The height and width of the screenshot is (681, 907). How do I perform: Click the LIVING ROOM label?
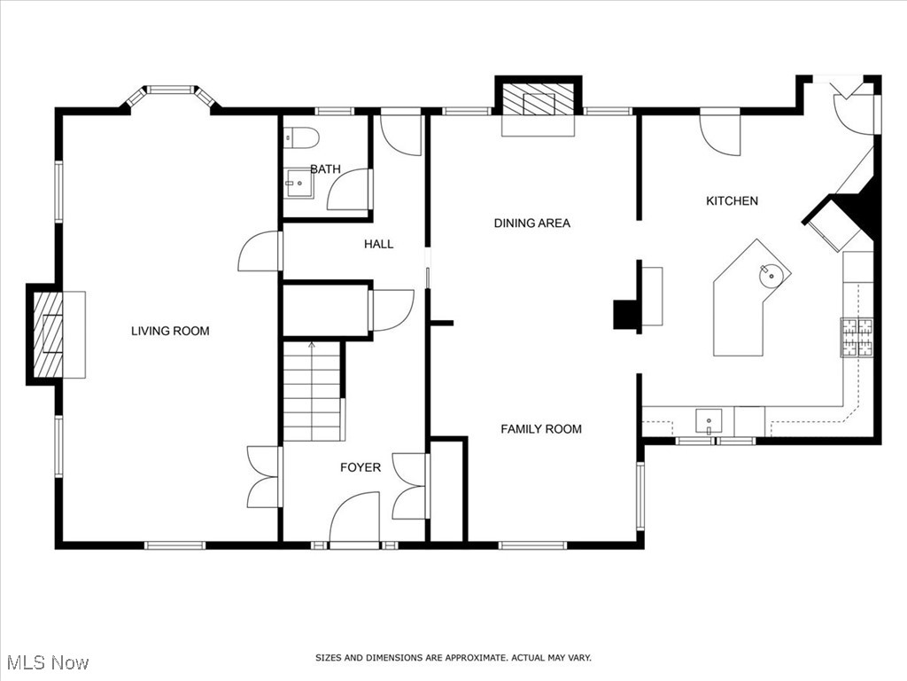170,332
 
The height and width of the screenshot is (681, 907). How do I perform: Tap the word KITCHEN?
732,201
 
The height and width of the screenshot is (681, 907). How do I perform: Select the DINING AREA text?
531,223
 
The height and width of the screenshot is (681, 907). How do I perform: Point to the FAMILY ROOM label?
541,429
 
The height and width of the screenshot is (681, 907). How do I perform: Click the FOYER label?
360,467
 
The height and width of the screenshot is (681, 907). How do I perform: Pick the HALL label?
378,244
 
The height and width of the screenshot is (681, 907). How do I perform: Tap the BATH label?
325,168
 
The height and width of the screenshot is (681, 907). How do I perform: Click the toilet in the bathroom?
301,138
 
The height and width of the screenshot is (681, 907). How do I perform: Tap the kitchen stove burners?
856,336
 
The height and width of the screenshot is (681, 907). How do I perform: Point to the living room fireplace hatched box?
48,333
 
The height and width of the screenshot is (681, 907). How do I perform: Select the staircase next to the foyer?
312,391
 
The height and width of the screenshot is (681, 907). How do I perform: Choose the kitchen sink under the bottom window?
709,419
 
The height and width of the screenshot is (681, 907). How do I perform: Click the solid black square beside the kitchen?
627,316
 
